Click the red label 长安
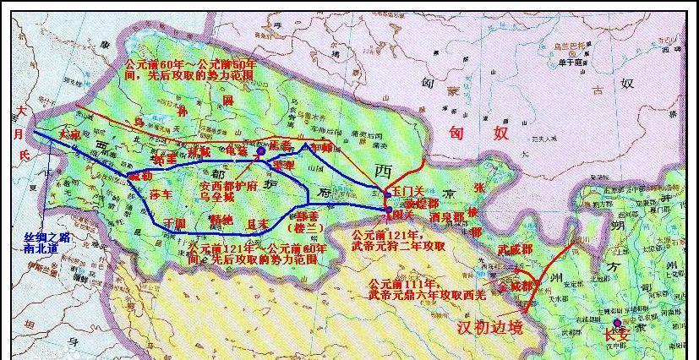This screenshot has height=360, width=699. (616, 335)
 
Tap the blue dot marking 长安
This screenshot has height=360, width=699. (618, 323)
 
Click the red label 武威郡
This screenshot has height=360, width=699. (516, 249)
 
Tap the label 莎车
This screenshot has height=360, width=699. (161, 194)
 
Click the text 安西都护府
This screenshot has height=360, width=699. (228, 183)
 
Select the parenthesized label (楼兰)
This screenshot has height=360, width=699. (306, 227)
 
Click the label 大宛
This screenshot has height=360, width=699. (69, 134)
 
